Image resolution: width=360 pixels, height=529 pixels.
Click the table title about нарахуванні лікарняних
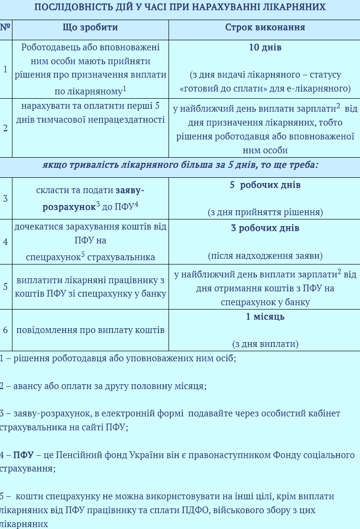click(x=180, y=7)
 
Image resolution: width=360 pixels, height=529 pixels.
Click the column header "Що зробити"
click(x=90, y=27)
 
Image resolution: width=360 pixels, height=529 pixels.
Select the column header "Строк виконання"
click(x=265, y=27)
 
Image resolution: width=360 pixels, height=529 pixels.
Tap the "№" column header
click(x=5, y=27)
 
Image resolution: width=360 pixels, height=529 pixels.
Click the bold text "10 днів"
click(x=265, y=47)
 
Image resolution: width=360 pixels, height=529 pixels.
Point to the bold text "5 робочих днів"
click(x=265, y=185)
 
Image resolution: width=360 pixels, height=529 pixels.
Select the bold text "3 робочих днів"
click(x=265, y=228)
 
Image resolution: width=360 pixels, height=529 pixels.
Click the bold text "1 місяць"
click(x=265, y=317)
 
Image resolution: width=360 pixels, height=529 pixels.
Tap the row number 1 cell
click(x=5, y=69)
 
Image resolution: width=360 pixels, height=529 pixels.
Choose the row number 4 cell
click(x=5, y=242)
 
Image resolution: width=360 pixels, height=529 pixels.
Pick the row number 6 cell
click(x=5, y=330)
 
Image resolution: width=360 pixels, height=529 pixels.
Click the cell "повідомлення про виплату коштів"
click(x=90, y=330)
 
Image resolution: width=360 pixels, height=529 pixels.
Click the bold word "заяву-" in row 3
click(x=130, y=190)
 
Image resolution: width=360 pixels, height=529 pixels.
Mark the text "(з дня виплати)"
click(x=265, y=344)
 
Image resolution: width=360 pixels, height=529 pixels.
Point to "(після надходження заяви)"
click(x=265, y=255)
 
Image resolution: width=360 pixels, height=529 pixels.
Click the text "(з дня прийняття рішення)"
click(x=265, y=212)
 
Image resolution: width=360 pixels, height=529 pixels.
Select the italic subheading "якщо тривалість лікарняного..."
click(x=180, y=165)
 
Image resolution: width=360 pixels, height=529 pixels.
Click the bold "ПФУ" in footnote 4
click(x=23, y=455)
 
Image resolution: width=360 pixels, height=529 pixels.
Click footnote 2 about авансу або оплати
click(x=103, y=386)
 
